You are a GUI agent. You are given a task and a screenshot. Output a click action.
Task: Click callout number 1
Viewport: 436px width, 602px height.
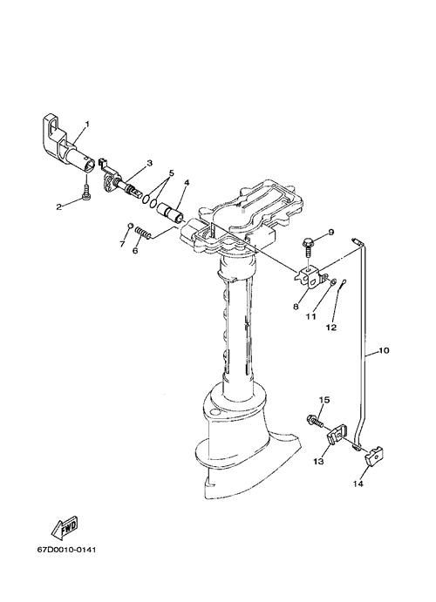pos(87,124)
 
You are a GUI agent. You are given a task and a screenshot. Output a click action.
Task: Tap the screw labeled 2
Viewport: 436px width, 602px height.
pos(85,191)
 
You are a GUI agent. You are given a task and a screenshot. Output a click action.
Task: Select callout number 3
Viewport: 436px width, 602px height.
pos(149,163)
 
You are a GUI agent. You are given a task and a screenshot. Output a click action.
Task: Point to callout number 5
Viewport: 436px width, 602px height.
pos(171,173)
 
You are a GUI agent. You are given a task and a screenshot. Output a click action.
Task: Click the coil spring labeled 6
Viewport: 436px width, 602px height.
pos(143,233)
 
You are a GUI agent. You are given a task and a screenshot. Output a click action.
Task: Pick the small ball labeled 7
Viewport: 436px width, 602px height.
pos(130,226)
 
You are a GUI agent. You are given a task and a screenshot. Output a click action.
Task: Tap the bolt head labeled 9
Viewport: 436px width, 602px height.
pos(307,242)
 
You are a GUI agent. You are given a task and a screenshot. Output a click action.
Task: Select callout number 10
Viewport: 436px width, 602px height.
pos(384,350)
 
